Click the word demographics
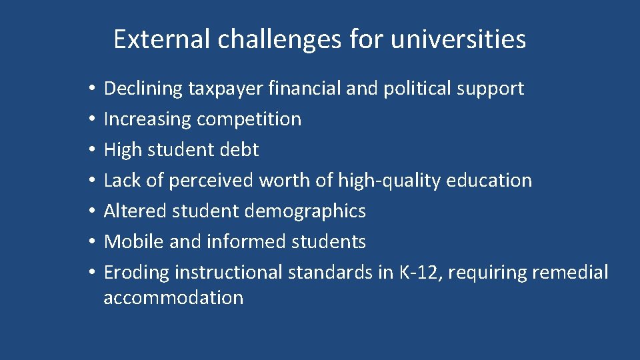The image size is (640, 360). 305,211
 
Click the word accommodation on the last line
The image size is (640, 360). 173,298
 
